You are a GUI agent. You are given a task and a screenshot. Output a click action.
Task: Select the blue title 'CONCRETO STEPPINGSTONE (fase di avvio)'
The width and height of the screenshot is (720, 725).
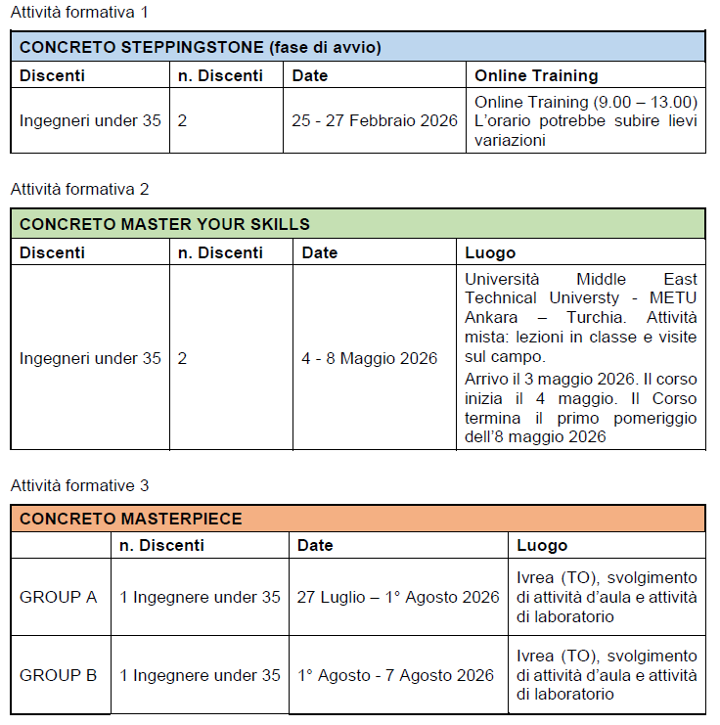201,47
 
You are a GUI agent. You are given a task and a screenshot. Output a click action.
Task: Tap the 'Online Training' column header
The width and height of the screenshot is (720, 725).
536,75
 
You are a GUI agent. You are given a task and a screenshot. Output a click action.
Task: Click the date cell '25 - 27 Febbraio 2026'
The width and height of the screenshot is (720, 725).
375,120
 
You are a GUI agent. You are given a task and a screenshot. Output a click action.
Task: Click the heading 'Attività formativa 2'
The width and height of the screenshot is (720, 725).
79,189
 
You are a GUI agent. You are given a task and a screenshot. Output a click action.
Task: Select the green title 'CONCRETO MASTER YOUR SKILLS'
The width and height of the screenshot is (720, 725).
164,224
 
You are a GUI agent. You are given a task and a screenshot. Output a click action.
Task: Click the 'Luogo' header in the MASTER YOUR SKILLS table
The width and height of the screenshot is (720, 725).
490,252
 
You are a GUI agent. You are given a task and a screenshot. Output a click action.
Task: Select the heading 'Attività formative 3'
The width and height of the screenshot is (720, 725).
79,485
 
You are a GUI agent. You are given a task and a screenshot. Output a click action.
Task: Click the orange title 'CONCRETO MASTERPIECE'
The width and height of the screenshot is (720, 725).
131,519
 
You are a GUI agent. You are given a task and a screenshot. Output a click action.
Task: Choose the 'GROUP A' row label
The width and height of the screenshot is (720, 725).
58,597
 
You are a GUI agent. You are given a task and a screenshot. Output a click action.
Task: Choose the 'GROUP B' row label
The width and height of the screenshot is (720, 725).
58,675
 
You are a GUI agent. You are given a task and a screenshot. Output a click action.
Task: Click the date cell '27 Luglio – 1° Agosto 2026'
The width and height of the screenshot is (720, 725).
398,597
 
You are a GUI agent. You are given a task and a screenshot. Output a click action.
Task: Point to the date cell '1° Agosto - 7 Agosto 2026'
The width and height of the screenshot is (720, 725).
395,675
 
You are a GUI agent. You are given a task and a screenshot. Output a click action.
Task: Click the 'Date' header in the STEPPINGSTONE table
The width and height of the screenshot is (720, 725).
310,75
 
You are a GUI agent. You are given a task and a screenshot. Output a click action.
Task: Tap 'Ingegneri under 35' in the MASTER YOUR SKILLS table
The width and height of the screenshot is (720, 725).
90,358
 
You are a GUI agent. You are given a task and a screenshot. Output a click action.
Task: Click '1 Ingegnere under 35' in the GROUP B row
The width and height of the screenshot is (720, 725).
200,675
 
